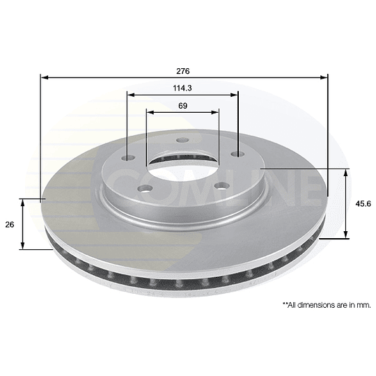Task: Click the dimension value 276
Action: click(183, 71)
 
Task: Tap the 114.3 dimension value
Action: click(183, 88)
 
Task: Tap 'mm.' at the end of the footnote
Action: click(364, 304)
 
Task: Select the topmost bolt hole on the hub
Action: click(183, 142)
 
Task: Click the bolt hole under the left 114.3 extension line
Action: click(128, 157)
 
